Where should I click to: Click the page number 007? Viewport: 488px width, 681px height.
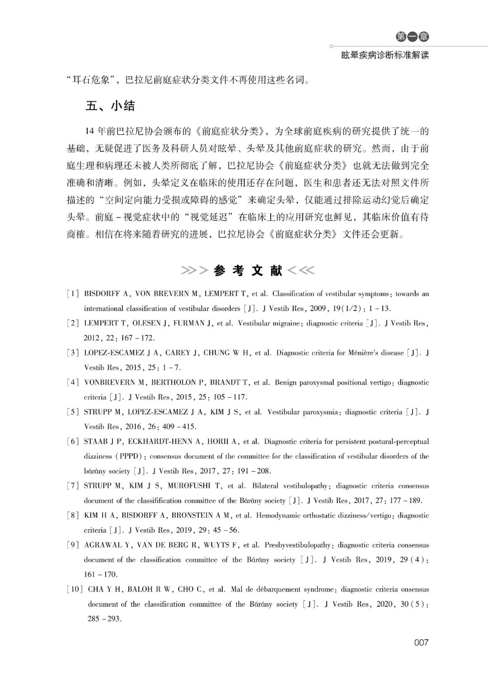pyautogui.click(x=421, y=643)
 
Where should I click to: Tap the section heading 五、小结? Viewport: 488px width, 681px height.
pyautogui.click(x=110, y=106)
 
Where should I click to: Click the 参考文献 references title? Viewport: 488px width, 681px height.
pyautogui.click(x=248, y=271)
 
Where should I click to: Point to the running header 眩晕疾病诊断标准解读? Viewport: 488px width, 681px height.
pyautogui.click(x=385, y=56)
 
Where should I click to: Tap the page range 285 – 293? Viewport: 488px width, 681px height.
pyautogui.click(x=104, y=619)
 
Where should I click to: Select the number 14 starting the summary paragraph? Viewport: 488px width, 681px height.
pyautogui.click(x=89, y=132)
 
